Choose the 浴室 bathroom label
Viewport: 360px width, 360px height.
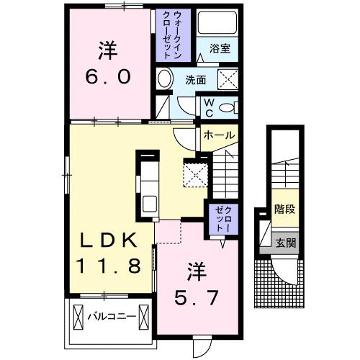tap(220, 50)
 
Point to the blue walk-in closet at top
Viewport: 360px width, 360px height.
tap(172, 35)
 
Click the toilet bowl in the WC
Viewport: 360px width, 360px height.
tap(228, 107)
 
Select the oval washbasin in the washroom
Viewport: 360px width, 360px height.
tap(164, 80)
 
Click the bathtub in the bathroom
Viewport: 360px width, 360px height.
tap(220, 24)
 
